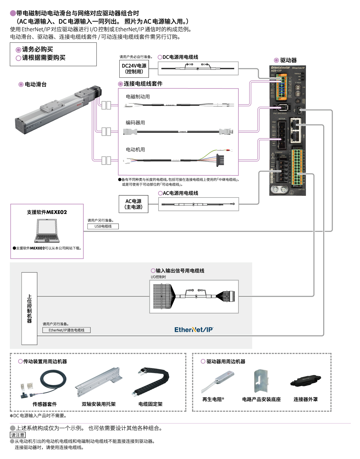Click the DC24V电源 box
[134, 69]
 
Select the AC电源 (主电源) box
[133, 204]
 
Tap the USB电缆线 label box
[103, 226]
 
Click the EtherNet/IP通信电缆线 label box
[66, 330]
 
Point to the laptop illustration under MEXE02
[47, 231]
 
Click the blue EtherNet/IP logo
[194, 330]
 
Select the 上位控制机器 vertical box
[29, 309]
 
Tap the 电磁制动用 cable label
[138, 97]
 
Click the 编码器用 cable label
[135, 123]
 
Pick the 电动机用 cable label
[135, 150]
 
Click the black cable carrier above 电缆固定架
[151, 382]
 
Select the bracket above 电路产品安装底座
[261, 381]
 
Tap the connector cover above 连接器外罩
[306, 381]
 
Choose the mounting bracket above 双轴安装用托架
[99, 382]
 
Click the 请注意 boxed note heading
[18, 435]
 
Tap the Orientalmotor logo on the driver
[280, 68]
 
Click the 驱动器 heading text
[288, 60]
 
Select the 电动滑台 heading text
[35, 84]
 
